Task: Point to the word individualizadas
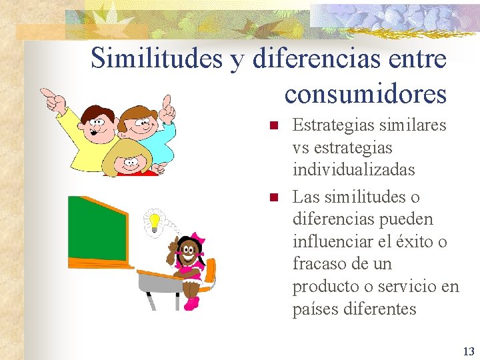(353, 169)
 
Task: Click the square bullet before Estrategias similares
(272, 125)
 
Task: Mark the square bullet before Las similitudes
(272, 197)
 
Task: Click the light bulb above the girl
(155, 221)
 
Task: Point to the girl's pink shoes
(192, 303)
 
